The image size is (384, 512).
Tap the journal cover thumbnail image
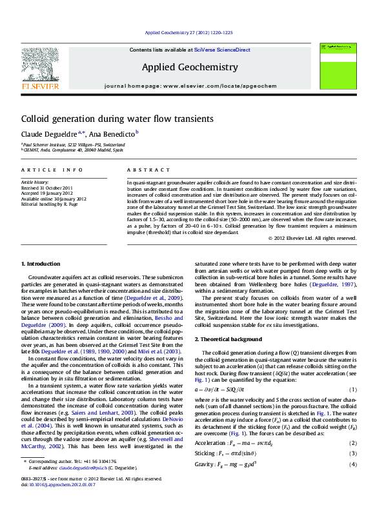point(341,68)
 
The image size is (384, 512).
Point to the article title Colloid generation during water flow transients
point(117,119)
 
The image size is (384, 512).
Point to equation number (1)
point(353,390)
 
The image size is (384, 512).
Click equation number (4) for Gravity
point(353,464)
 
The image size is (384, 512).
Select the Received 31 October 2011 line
point(47,188)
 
